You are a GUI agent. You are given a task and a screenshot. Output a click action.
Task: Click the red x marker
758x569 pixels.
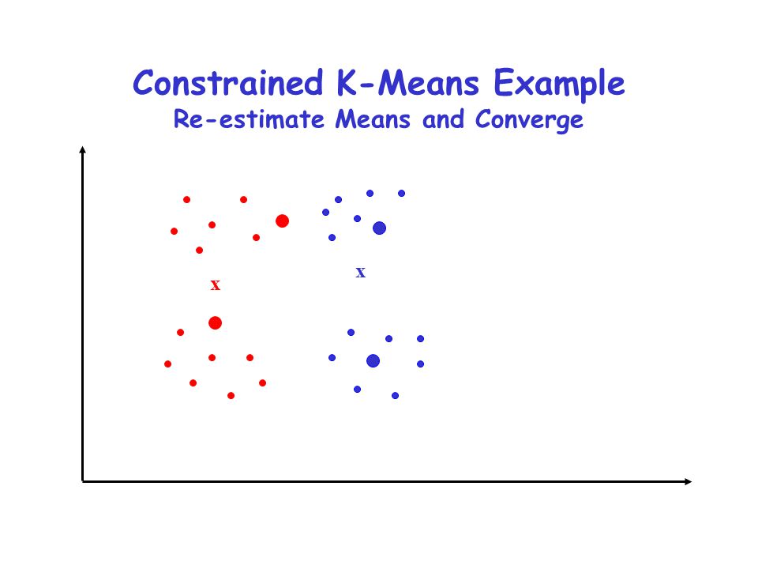coord(215,285)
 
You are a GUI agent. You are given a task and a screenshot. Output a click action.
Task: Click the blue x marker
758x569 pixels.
coord(361,273)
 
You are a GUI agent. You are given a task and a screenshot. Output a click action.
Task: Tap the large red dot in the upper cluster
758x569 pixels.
coord(283,221)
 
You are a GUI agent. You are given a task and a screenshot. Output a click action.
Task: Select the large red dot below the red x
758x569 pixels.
coord(215,322)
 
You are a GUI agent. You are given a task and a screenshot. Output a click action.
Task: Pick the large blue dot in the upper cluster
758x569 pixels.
coord(380,228)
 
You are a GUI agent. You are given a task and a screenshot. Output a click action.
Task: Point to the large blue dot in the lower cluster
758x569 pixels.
coord(373,360)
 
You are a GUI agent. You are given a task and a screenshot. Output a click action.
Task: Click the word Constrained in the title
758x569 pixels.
coord(228,83)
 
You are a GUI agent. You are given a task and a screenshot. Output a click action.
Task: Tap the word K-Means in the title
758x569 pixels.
coord(408,83)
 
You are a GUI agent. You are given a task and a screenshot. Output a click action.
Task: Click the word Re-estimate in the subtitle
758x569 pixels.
coord(249,119)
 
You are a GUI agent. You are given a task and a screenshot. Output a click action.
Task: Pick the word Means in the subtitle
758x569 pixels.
coord(373,119)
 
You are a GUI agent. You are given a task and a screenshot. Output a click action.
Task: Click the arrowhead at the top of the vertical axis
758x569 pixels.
coord(83,149)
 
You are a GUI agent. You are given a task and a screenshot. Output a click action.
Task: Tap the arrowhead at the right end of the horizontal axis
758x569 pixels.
coord(688,481)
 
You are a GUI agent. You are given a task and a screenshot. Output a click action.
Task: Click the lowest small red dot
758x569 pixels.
coord(231,396)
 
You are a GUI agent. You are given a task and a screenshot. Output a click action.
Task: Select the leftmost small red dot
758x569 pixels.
coord(167,364)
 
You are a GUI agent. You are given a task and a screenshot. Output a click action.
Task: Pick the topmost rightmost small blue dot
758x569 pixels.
coord(401,194)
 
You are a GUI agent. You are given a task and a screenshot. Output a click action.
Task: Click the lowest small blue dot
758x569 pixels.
coord(395,396)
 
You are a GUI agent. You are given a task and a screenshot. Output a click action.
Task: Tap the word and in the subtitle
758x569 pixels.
coord(443,119)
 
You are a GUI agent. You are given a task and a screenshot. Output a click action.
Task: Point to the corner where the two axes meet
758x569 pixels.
coord(83,481)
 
